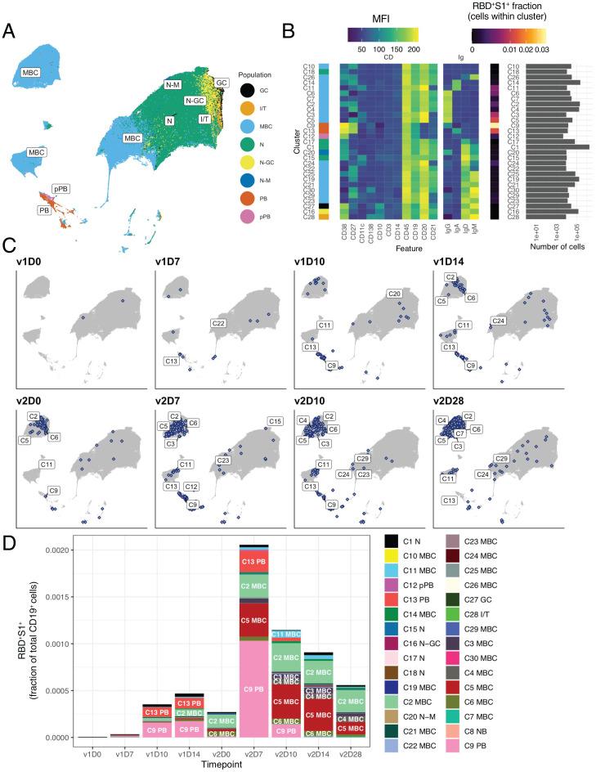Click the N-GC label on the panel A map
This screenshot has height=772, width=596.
tap(195, 101)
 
